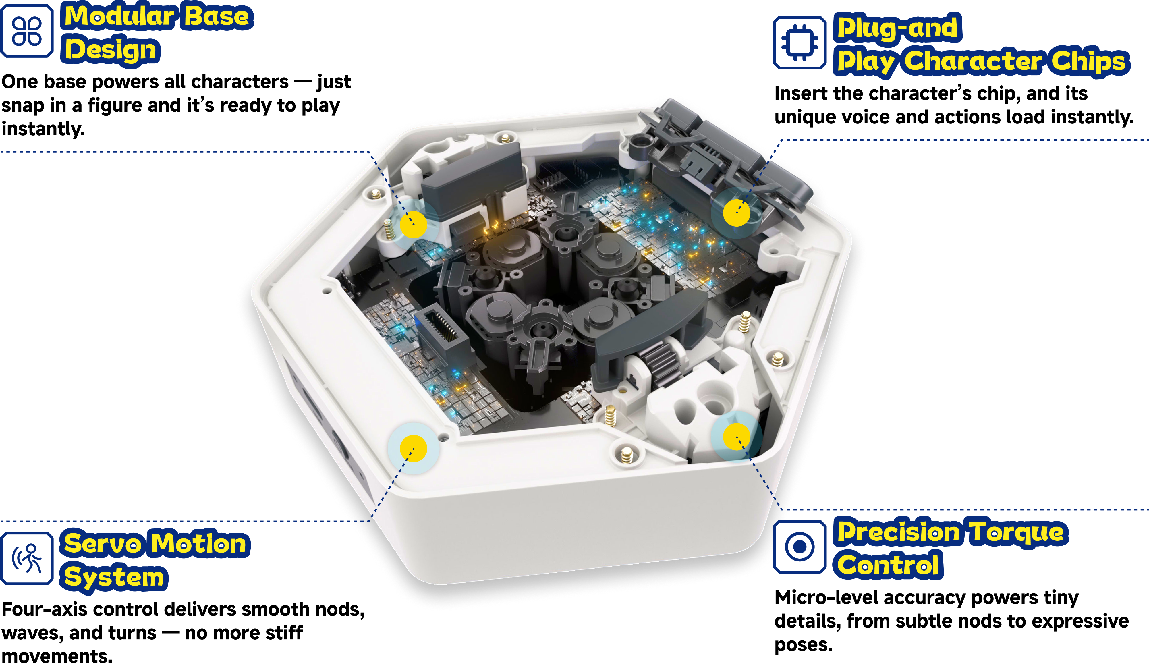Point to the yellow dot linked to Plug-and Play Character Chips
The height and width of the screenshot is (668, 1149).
(736, 213)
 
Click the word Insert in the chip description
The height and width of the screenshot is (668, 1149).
(801, 93)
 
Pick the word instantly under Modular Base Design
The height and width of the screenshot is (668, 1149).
(43, 129)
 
